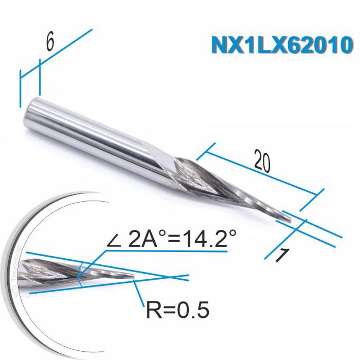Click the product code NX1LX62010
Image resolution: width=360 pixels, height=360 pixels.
pyautogui.click(x=282, y=45)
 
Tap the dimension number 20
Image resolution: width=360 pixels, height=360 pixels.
pyautogui.click(x=262, y=163)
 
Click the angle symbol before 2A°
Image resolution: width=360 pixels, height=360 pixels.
pyautogui.click(x=115, y=240)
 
